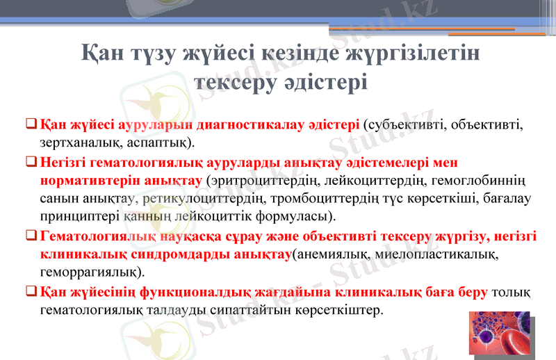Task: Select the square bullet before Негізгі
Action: pos(31,163)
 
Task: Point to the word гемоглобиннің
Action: pos(488,181)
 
